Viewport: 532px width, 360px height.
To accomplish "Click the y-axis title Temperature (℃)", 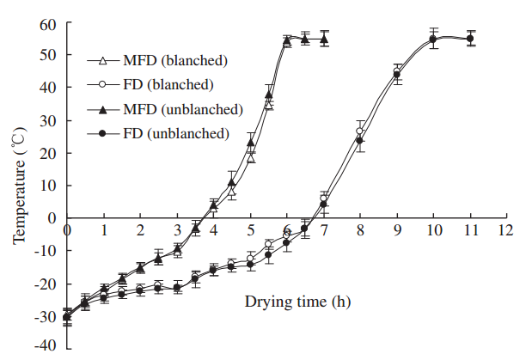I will (x=18, y=184).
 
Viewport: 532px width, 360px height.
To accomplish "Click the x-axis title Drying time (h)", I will (x=297, y=302).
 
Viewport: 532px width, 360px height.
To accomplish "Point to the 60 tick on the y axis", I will (x=51, y=22).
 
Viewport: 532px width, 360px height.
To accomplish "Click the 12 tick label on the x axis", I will (x=506, y=231).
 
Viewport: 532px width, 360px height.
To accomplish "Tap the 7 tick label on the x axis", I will (x=323, y=231).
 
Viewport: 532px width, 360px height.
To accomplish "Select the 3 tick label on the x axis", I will (x=176, y=231).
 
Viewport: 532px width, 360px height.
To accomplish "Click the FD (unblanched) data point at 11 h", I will (x=469, y=39).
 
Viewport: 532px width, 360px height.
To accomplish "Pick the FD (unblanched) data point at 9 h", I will (x=396, y=75).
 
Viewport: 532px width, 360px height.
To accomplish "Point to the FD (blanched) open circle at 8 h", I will (x=360, y=131).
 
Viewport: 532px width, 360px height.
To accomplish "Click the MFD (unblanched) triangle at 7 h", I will (x=323, y=40).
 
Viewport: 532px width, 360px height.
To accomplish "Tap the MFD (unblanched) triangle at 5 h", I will (x=251, y=142).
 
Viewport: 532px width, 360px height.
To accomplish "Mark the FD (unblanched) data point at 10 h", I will (x=433, y=40).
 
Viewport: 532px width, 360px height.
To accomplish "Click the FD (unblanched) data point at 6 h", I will (x=287, y=242).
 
